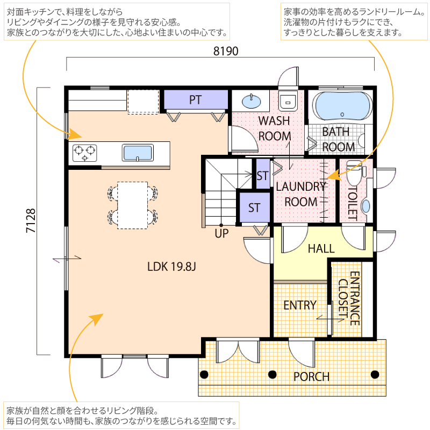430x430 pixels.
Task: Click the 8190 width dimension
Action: pyautogui.click(x=226, y=51)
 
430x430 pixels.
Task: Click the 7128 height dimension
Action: pyautogui.click(x=31, y=221)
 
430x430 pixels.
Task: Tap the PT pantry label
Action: pyautogui.click(x=195, y=100)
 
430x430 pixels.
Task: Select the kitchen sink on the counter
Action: pyautogui.click(x=138, y=153)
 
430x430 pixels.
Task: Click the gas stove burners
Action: pyautogui.click(x=85, y=153)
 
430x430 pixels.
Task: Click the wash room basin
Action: pyautogui.click(x=251, y=101)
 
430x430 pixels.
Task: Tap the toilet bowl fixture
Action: pyautogui.click(x=356, y=173)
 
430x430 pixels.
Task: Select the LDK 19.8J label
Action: pyautogui.click(x=171, y=267)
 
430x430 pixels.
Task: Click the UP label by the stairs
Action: pyautogui.click(x=221, y=234)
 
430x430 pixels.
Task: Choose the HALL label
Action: pyautogui.click(x=321, y=249)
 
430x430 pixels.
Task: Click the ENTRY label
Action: pyautogui.click(x=300, y=305)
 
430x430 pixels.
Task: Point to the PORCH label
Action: pyautogui.click(x=311, y=377)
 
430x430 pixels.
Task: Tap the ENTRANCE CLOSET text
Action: pyautogui.click(x=349, y=298)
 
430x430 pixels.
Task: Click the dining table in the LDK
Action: pyautogui.click(x=132, y=205)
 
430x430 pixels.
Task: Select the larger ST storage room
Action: pyautogui.click(x=254, y=207)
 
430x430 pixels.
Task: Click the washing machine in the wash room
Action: pyautogui.click(x=288, y=101)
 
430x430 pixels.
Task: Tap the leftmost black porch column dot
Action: pyautogui.click(x=204, y=374)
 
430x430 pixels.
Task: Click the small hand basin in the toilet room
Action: pyautogui.click(x=365, y=206)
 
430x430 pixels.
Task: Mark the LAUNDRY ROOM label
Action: pyautogui.click(x=301, y=194)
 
